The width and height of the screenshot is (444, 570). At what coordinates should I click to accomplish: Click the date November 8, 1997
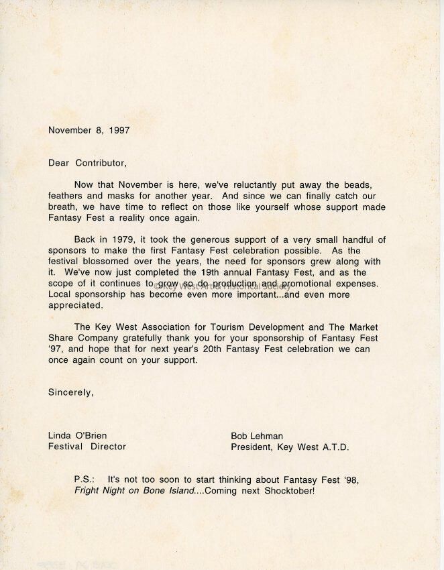pyautogui.click(x=89, y=131)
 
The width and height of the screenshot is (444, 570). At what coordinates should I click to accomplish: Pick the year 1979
pyautogui.click(x=117, y=239)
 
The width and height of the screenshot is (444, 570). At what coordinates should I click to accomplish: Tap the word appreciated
pyautogui.click(x=74, y=304)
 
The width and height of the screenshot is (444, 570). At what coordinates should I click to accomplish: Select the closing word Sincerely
pyautogui.click(x=70, y=392)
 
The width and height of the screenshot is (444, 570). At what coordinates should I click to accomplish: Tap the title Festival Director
pyautogui.click(x=87, y=446)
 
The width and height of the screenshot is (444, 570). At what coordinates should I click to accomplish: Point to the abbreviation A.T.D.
pyautogui.click(x=331, y=446)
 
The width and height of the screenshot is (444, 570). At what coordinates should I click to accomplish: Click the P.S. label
pyautogui.click(x=85, y=480)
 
